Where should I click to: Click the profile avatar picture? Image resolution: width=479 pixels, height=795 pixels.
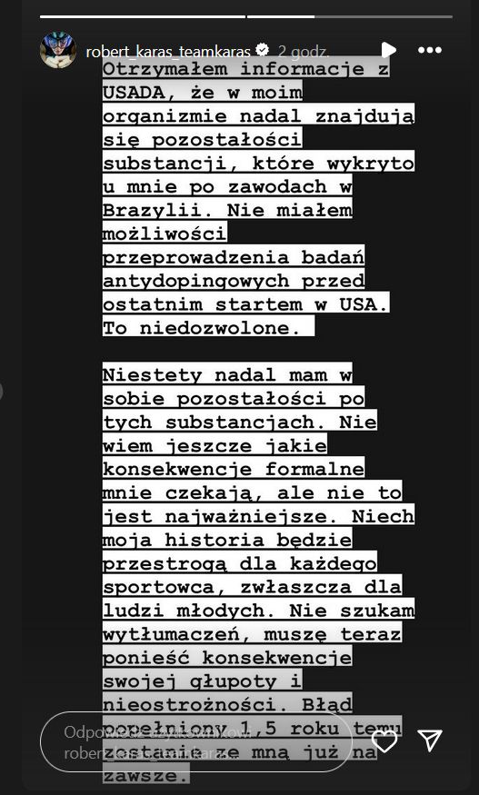click(x=58, y=50)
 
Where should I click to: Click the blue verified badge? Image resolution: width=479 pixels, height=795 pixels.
click(x=262, y=50)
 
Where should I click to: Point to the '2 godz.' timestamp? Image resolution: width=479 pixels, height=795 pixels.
click(x=304, y=51)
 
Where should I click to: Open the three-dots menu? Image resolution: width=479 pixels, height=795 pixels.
click(x=430, y=50)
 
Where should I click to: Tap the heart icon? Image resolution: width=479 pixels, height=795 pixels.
click(x=384, y=740)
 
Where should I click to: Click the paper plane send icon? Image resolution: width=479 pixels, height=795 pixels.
click(x=430, y=740)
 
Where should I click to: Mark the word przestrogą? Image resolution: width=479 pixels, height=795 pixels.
click(x=161, y=562)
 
